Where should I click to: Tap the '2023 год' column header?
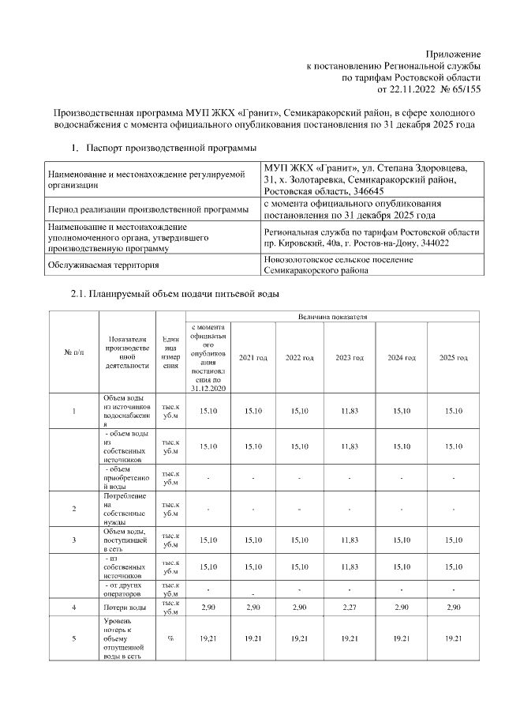(350, 358)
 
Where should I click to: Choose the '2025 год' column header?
(454, 358)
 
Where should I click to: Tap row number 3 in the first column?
(73, 540)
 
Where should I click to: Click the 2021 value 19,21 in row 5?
(253, 638)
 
